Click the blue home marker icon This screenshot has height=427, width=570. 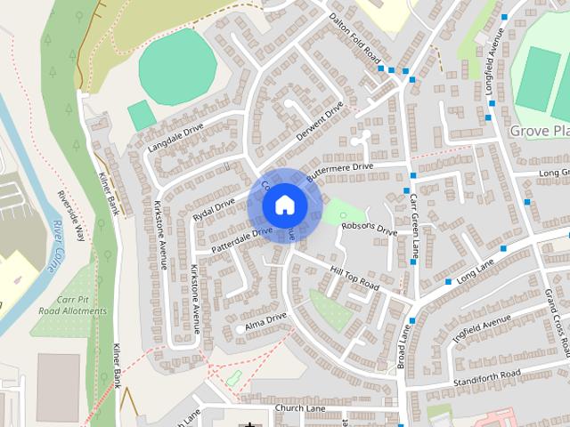(284, 205)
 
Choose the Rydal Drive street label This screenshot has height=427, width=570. (214, 210)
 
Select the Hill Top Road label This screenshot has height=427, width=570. (354, 278)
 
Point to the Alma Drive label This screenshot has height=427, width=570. (265, 322)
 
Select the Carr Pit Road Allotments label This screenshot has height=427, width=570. (72, 305)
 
